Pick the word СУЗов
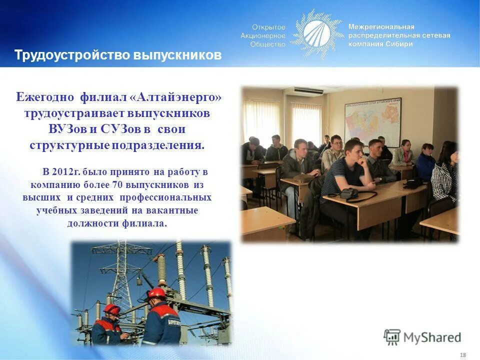(120, 129)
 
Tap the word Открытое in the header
(268, 27)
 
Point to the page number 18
(462, 354)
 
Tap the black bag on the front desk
(349, 193)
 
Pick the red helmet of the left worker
(112, 309)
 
